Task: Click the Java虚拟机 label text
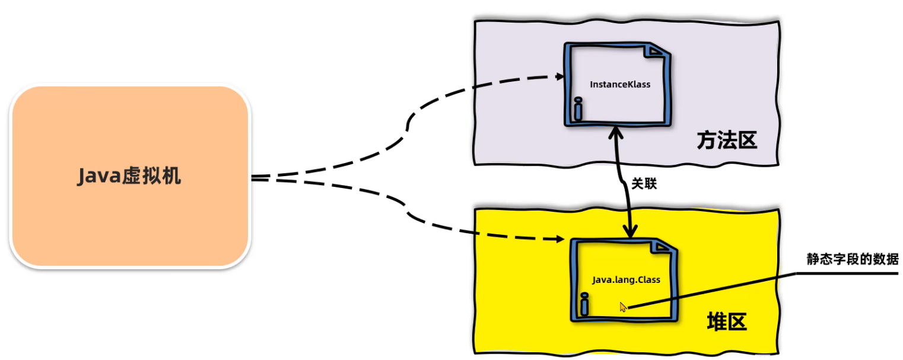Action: tap(129, 176)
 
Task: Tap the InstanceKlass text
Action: tap(620, 84)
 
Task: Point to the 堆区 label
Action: tap(727, 322)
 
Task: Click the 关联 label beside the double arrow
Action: tap(644, 184)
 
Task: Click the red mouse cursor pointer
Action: tap(622, 307)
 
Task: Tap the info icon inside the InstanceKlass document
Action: tap(578, 109)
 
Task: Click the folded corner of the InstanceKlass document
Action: tap(657, 52)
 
